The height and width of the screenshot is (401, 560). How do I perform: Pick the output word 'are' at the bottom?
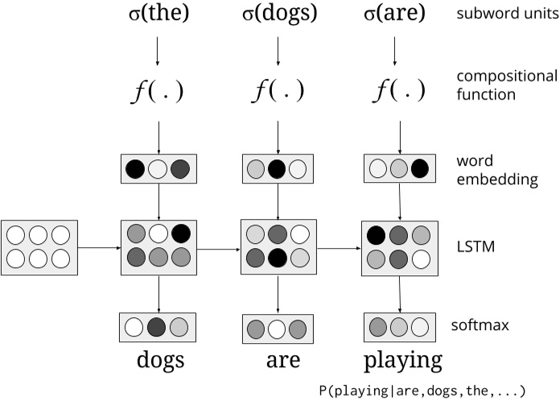click(278, 360)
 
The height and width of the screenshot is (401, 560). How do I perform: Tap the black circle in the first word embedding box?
click(136, 168)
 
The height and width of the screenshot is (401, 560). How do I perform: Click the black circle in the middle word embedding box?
click(278, 169)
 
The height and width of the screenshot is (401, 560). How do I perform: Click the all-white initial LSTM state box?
click(39, 248)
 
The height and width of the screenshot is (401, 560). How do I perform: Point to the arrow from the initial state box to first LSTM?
click(99, 248)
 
